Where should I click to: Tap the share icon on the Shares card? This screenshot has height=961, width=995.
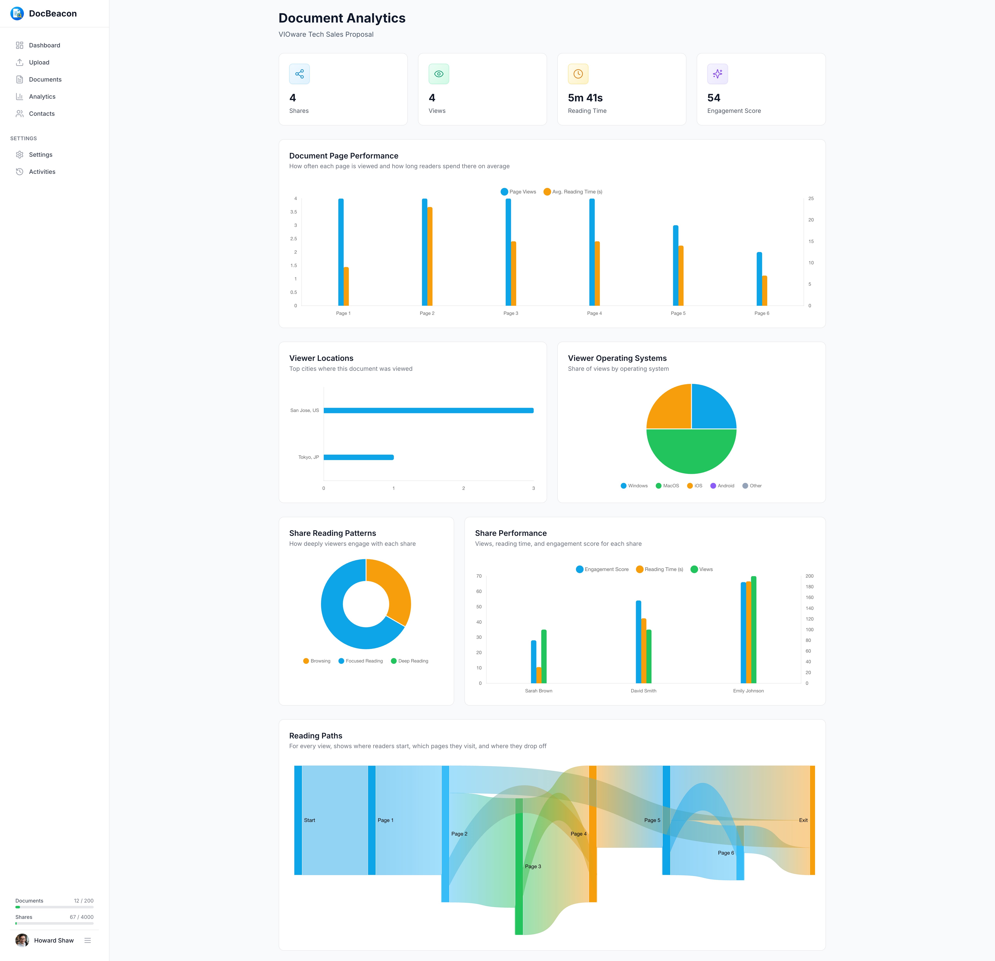(299, 74)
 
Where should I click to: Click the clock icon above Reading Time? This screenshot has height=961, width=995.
(578, 74)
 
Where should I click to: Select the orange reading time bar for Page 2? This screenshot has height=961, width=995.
(430, 256)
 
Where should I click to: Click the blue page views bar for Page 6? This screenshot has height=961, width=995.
(759, 279)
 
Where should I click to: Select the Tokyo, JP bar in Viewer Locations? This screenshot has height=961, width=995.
(358, 457)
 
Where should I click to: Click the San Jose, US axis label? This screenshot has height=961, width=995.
(305, 410)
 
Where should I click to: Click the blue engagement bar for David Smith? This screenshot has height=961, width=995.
(638, 642)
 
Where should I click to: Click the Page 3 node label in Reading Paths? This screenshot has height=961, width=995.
(532, 867)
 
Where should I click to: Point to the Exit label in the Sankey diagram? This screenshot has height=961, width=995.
(803, 820)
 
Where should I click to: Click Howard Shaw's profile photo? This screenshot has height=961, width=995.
(22, 940)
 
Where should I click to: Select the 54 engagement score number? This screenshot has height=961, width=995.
(713, 98)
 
